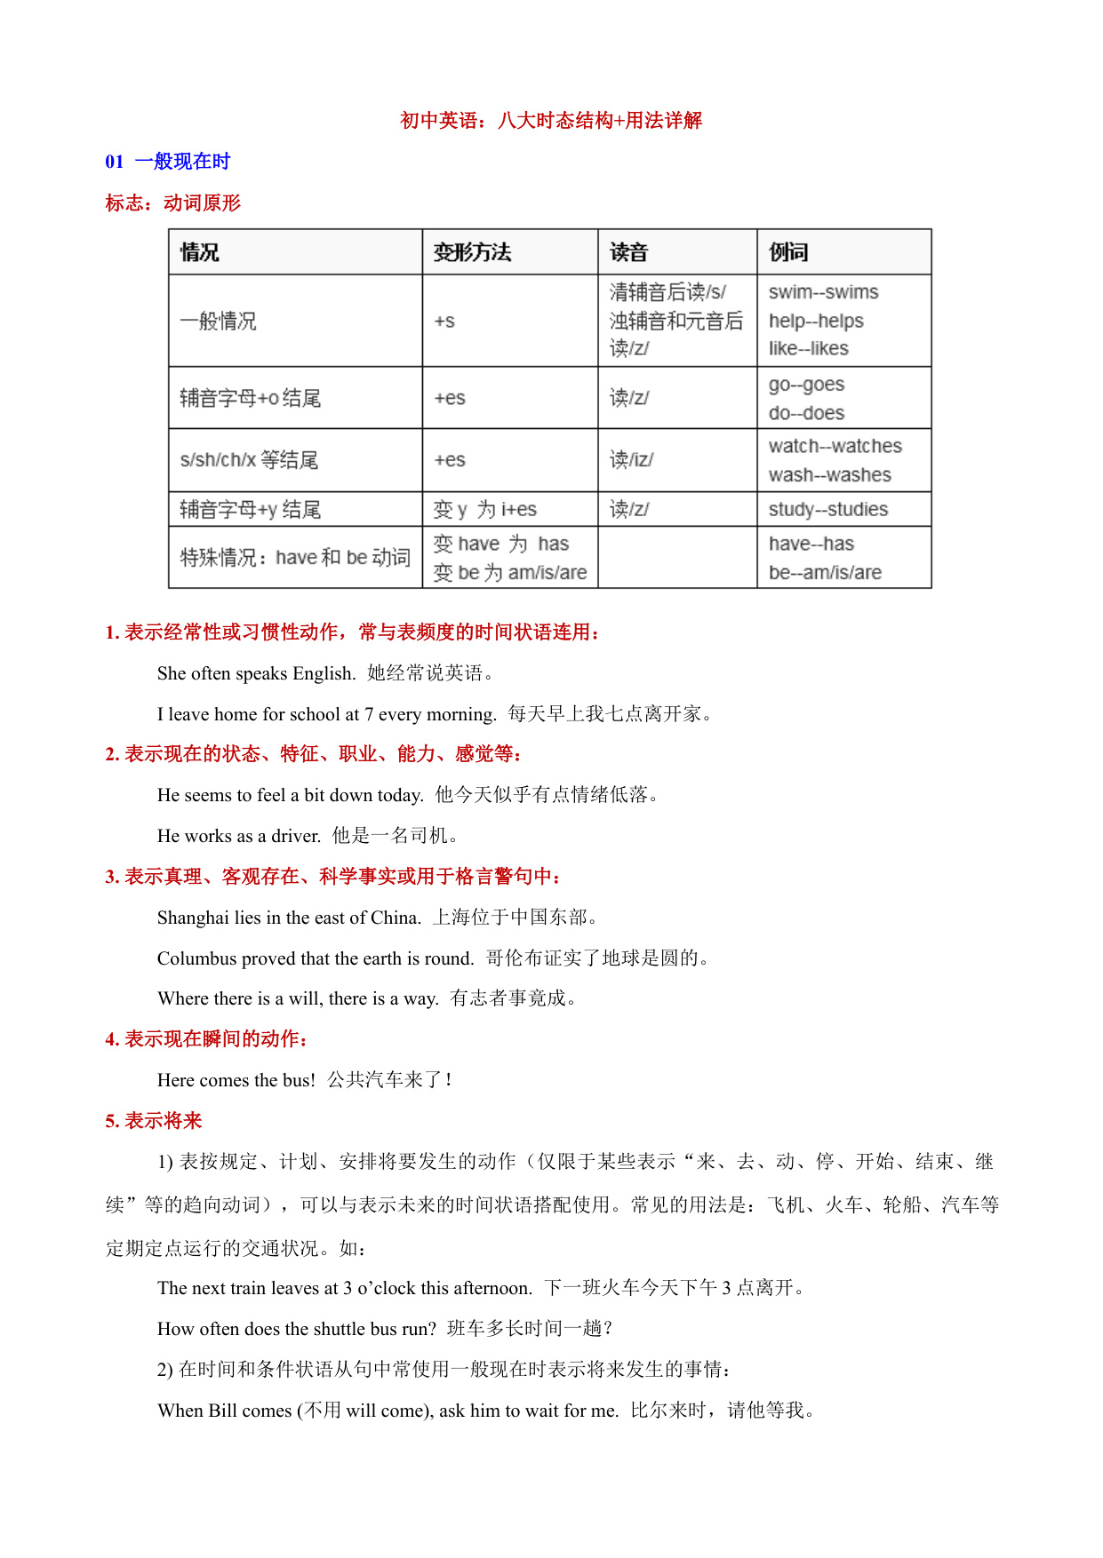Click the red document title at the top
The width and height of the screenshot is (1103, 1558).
[x=551, y=121]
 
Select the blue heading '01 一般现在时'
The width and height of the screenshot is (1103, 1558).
[x=168, y=162]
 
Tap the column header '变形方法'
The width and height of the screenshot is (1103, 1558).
[x=472, y=252]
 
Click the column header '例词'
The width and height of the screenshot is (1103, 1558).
[x=788, y=252]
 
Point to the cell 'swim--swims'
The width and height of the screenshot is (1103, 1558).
[x=823, y=292]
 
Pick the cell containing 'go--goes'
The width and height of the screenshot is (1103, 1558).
[x=806, y=385]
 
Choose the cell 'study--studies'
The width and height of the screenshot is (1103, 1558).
[x=827, y=509]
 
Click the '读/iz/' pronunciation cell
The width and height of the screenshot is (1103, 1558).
[x=631, y=460]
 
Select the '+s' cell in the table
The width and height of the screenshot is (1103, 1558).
[x=444, y=321]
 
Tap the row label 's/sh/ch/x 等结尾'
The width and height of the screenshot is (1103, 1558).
[x=249, y=460]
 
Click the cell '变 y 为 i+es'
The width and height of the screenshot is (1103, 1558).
[x=484, y=509]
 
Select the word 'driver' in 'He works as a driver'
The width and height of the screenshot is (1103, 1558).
[x=295, y=836]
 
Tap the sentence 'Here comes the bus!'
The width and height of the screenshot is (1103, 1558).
[x=236, y=1080]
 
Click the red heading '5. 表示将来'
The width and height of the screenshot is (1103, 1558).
[x=154, y=1121]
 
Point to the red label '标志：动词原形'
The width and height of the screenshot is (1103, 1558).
[x=173, y=203]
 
